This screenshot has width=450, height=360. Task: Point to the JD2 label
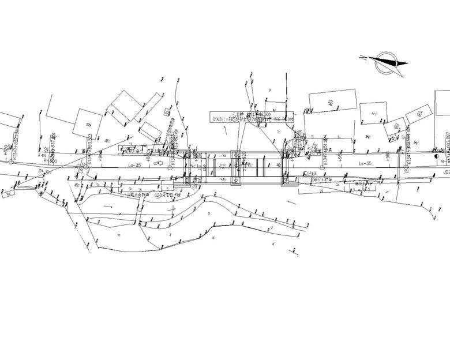[x=445, y=171]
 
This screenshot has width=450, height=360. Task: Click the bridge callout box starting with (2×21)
[x=252, y=117]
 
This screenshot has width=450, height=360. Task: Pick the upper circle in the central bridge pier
[x=237, y=155]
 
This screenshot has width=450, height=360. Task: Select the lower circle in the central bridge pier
[x=237, y=181]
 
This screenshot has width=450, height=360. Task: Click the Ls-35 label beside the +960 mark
[x=365, y=164]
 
